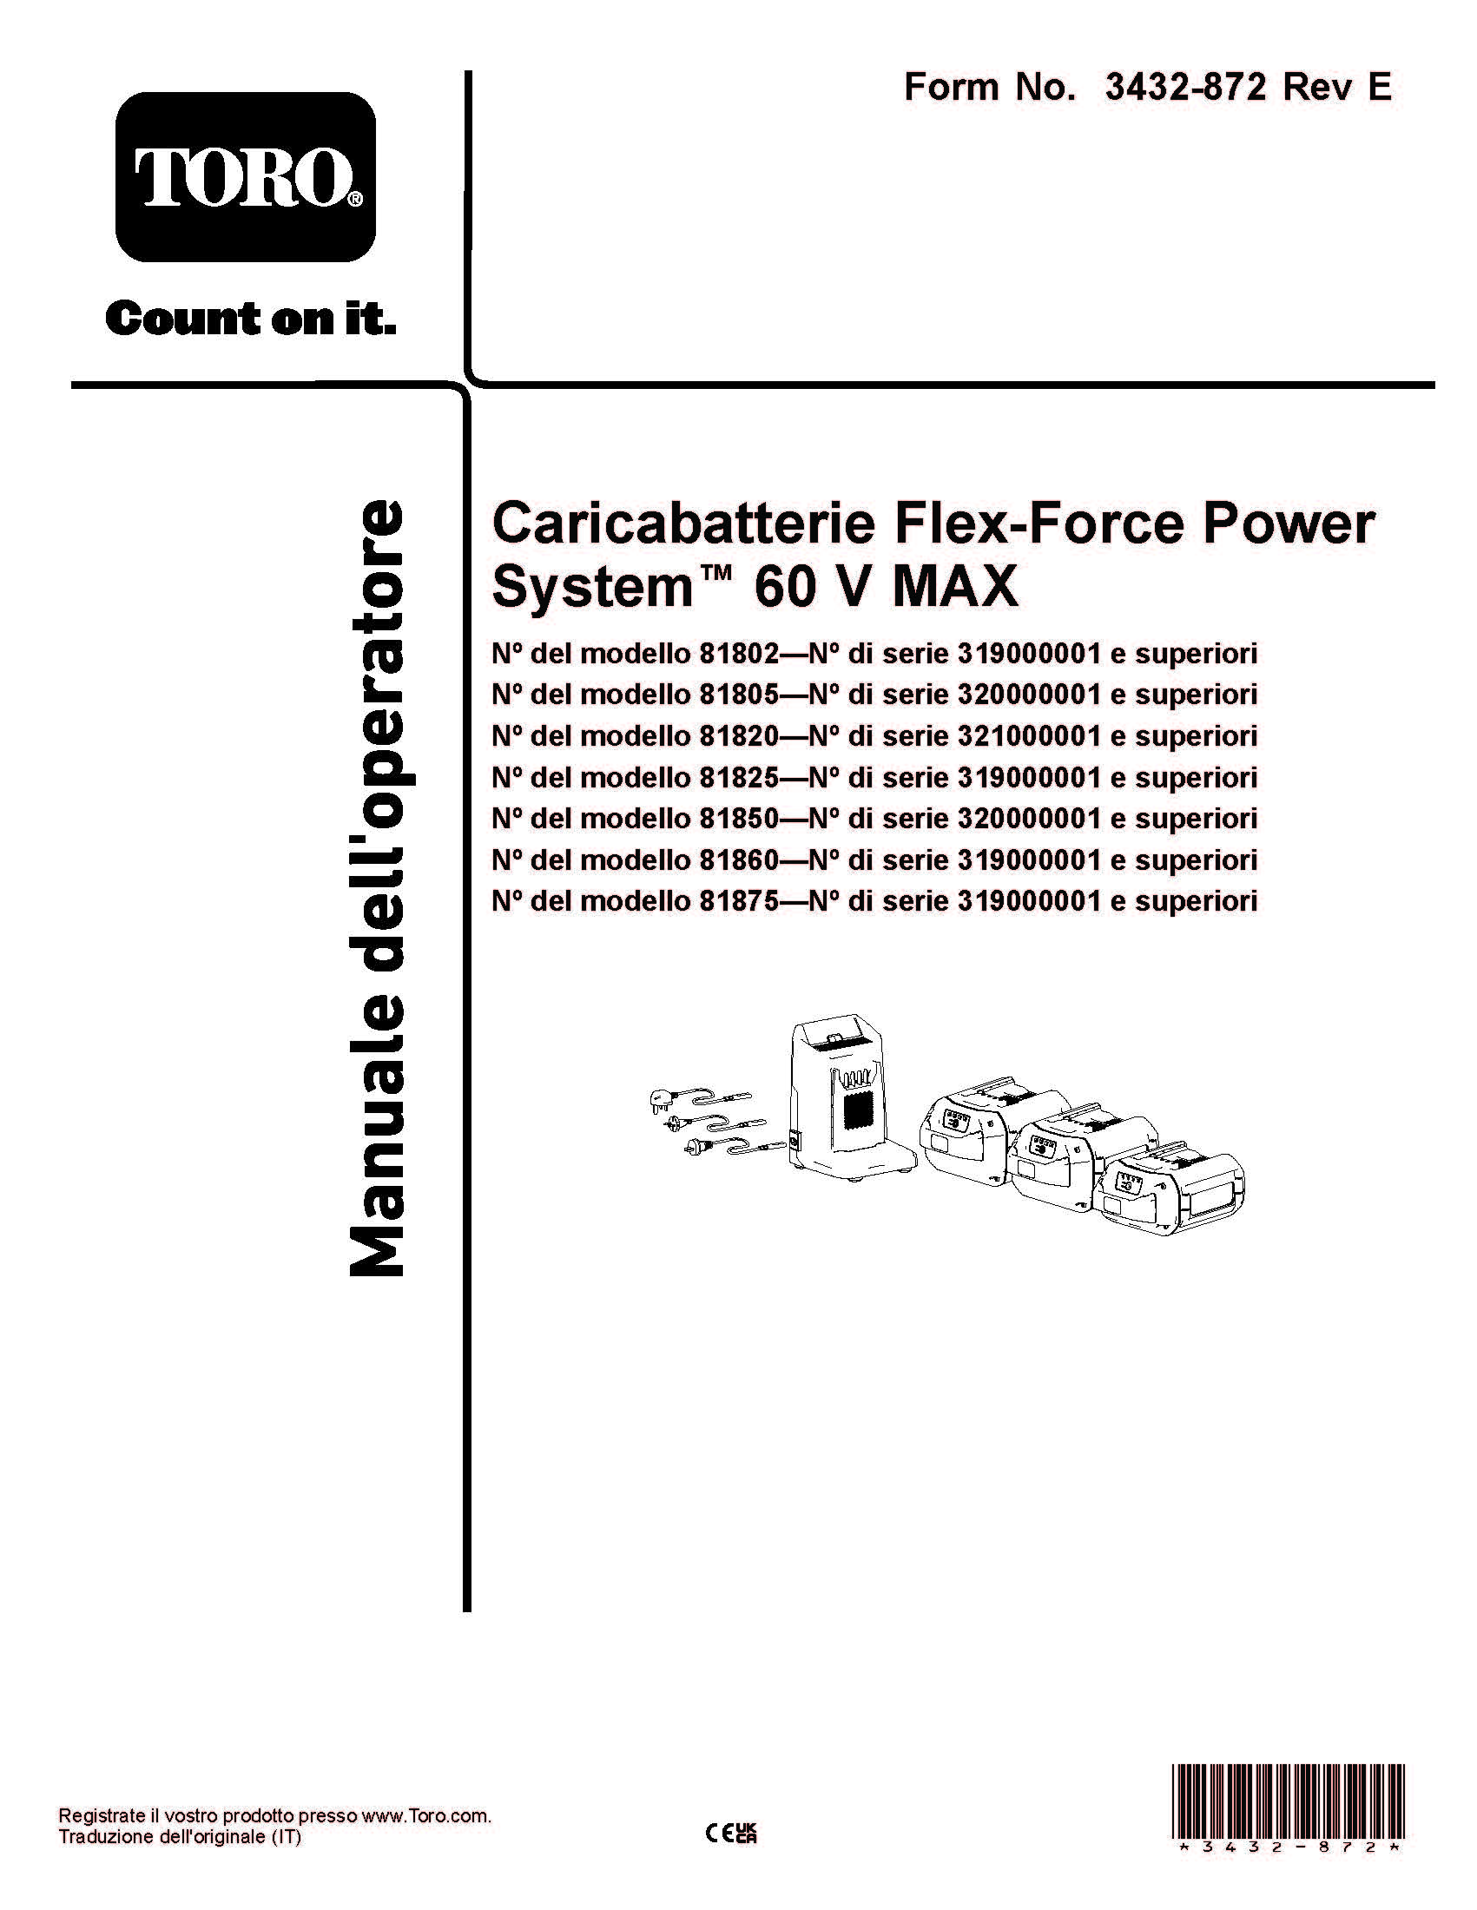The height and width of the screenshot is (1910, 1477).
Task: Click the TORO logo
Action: pyautogui.click(x=246, y=176)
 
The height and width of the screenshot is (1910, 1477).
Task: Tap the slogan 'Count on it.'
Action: pyautogui.click(x=250, y=319)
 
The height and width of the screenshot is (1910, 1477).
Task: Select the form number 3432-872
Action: pyautogui.click(x=1185, y=88)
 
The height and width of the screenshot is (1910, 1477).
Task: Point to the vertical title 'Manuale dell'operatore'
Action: pyautogui.click(x=378, y=886)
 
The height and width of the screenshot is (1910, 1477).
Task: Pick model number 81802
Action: pyautogui.click(x=738, y=653)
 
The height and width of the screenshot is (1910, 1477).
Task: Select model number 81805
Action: pyautogui.click(x=738, y=695)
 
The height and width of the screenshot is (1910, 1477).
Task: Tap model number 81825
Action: pyautogui.click(x=738, y=777)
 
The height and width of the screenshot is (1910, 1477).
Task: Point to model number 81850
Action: pyautogui.click(x=738, y=819)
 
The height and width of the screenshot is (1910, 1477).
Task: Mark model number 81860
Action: pyautogui.click(x=738, y=859)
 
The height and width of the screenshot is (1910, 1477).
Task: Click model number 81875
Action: pyautogui.click(x=738, y=901)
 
